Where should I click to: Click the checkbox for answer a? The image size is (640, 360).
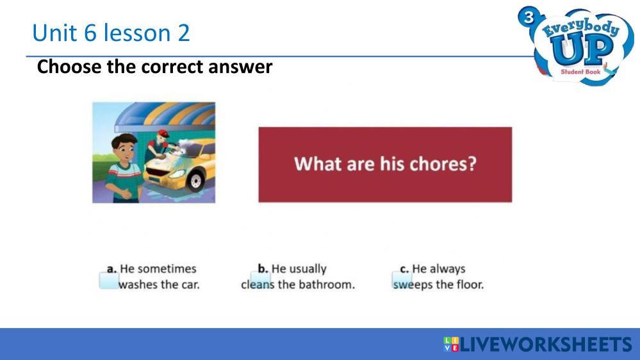pyautogui.click(x=109, y=281)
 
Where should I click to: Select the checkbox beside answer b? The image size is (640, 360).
pyautogui.click(x=260, y=280)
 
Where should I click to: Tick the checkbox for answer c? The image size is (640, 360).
pyautogui.click(x=402, y=280)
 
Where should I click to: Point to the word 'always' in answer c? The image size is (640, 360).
pyautogui.click(x=449, y=269)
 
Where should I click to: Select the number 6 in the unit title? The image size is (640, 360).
pyautogui.click(x=90, y=33)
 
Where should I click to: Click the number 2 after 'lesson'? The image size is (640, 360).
pyautogui.click(x=184, y=33)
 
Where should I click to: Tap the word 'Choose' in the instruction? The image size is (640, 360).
pyautogui.click(x=69, y=67)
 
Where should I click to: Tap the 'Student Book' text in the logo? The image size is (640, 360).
pyautogui.click(x=580, y=72)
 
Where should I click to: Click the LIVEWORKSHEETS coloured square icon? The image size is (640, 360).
pyautogui.click(x=450, y=344)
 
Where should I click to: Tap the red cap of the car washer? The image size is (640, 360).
pyautogui.click(x=163, y=133)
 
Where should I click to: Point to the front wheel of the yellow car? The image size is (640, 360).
pyautogui.click(x=196, y=180)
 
